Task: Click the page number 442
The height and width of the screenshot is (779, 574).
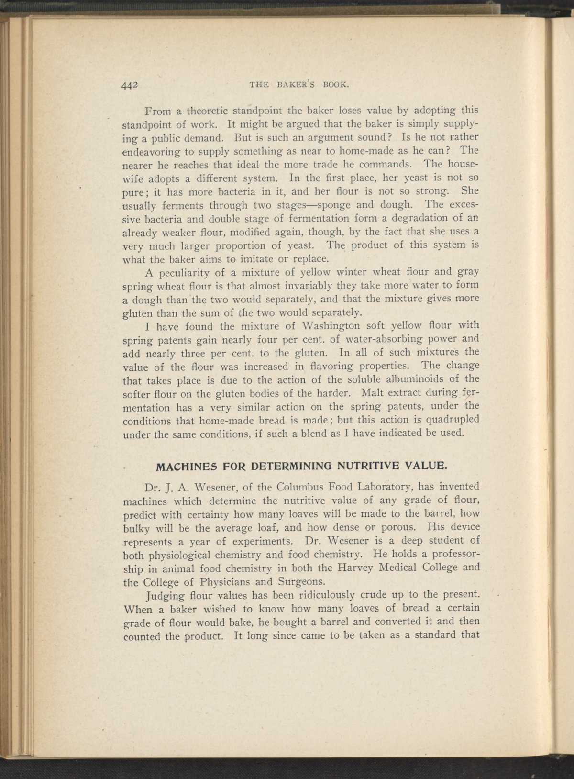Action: [x=130, y=85]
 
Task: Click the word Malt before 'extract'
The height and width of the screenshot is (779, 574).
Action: [x=375, y=394]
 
